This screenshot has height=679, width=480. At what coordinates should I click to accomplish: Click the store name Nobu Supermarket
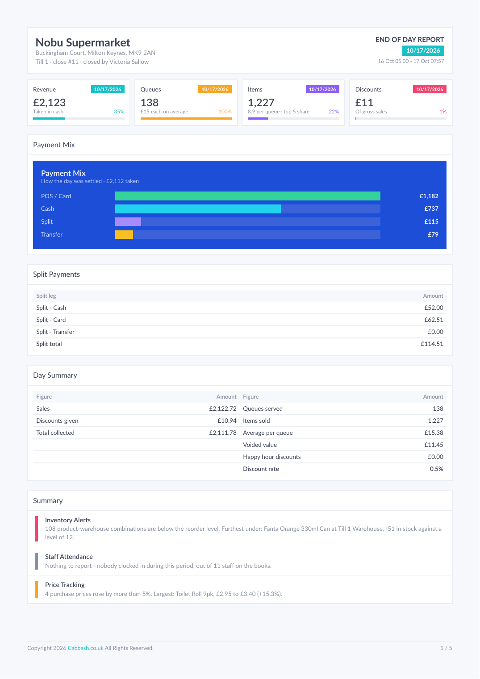coord(83,42)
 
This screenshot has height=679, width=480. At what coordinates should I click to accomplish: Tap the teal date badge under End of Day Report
coord(423,50)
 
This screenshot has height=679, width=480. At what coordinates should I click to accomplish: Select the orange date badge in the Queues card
coord(215,89)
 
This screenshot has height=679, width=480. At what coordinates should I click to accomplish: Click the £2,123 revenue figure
coord(50,103)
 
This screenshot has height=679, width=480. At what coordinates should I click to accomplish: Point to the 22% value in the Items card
coord(334,112)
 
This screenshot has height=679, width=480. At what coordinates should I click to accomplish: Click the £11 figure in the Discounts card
coord(364,103)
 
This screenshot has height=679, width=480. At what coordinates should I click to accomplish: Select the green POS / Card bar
coord(248,196)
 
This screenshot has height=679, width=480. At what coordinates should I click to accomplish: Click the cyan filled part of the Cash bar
coord(198,209)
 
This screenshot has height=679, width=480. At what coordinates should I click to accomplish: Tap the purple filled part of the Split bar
coord(128,221)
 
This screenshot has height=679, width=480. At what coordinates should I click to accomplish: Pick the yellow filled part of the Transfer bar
coord(124,235)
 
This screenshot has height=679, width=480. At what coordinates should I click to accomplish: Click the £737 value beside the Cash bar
coord(431,208)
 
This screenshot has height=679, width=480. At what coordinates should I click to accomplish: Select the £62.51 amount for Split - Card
coord(434,320)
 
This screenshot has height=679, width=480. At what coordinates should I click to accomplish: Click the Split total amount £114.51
coord(432,344)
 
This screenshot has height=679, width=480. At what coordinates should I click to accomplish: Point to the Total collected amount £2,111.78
coord(222,433)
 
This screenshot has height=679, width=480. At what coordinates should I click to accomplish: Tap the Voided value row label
coord(260,445)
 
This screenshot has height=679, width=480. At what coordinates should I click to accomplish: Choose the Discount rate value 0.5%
coord(436,469)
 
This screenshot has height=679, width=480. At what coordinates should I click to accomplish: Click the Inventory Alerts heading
coord(68,520)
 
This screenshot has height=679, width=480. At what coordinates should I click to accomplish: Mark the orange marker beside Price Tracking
coord(37,590)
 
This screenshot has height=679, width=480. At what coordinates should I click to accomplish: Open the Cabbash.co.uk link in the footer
coord(86,648)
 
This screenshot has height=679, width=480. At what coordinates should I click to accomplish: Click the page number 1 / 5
coord(446,648)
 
